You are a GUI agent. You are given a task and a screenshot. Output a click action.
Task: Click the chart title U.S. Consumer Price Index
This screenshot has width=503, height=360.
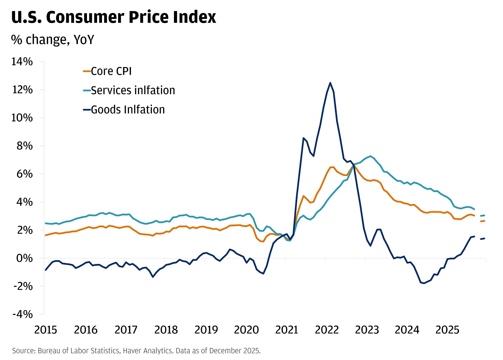point(114,17)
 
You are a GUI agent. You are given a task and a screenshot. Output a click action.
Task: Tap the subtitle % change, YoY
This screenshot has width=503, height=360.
point(52,39)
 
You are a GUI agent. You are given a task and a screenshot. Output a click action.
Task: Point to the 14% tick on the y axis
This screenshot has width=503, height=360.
point(22,62)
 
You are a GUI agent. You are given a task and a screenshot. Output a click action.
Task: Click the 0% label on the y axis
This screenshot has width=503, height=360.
point(25,258)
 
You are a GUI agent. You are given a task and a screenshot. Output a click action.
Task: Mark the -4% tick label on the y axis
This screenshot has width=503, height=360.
point(22,314)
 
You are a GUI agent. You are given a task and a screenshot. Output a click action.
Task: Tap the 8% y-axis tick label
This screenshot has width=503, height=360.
point(24,146)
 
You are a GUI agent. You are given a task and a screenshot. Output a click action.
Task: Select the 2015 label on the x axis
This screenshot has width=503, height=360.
point(46,330)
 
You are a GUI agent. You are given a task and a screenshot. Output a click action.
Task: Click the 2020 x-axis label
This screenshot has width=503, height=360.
point(246,330)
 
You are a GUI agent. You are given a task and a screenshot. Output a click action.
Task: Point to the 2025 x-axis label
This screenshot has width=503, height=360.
point(447,330)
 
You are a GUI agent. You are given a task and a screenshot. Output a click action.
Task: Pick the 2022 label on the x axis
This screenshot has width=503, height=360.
point(327,330)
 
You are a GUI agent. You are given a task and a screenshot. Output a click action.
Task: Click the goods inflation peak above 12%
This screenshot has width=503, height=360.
point(330,83)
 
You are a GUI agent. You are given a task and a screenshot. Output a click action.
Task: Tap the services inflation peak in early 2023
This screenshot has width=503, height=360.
point(370,156)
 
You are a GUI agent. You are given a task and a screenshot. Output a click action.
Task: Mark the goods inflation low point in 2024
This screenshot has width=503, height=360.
point(424,283)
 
